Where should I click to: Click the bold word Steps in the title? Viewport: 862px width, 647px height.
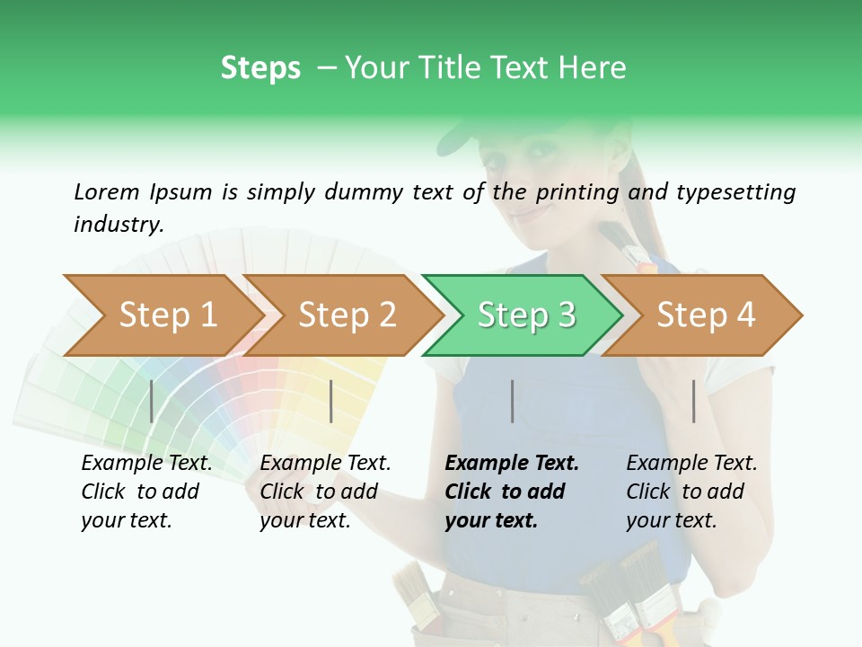(x=260, y=68)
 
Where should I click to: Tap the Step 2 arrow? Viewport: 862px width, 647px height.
(x=346, y=315)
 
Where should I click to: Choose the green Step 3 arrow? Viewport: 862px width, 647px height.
(x=525, y=315)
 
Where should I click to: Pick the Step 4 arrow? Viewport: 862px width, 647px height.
(x=705, y=315)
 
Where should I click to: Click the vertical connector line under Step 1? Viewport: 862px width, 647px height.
(x=152, y=401)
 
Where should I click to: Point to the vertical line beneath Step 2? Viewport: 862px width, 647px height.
(x=331, y=401)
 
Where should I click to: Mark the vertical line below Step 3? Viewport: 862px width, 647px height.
(x=512, y=401)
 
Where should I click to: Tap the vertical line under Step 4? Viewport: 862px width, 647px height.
(x=693, y=401)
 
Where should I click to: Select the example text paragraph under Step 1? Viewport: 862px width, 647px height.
(x=146, y=492)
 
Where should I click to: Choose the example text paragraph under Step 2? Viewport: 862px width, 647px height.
(x=325, y=492)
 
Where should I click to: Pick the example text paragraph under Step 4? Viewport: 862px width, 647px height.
(x=691, y=492)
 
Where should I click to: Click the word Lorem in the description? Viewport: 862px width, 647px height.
(x=107, y=191)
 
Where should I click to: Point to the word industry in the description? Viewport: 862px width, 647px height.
(x=119, y=225)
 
